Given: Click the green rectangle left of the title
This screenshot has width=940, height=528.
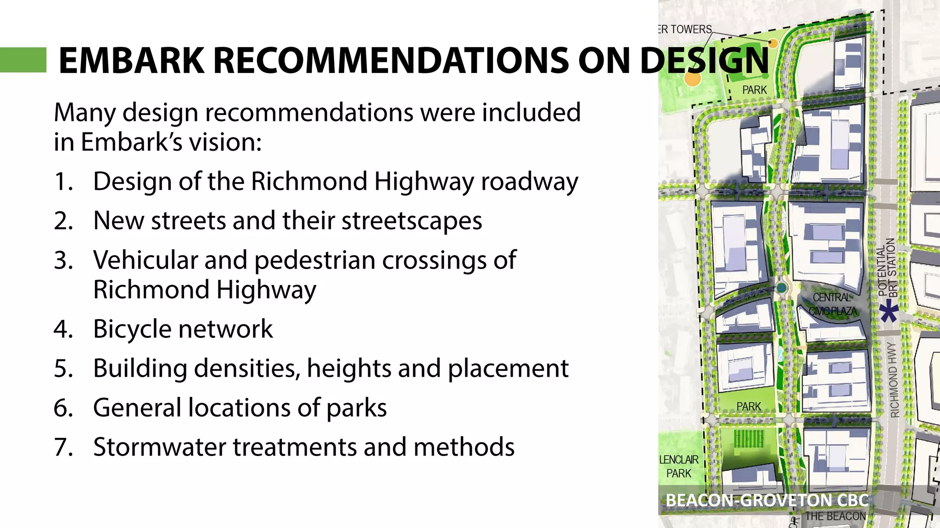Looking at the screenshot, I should pos(23,60).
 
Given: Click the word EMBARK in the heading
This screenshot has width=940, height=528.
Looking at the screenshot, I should pos(131,60).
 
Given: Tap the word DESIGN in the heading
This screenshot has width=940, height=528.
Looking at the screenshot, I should pos(704,60).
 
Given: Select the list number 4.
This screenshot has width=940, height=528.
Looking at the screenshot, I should pos(63,329).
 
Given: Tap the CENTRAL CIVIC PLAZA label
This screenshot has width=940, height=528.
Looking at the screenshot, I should pos(832,304).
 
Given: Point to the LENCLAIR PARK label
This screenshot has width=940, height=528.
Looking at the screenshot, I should pos(679,466).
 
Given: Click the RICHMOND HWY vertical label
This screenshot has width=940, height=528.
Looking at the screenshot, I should pos(894,379).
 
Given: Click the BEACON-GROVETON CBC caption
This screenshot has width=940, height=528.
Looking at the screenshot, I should pos(767,500).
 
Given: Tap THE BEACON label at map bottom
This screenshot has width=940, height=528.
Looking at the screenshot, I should pos(835,516).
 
